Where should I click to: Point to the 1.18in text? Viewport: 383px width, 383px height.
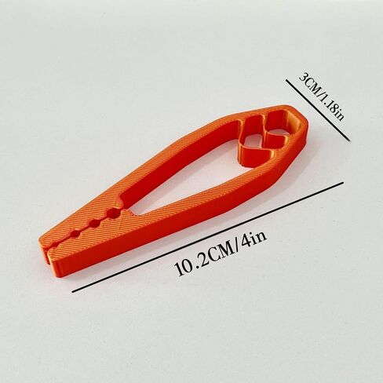331,107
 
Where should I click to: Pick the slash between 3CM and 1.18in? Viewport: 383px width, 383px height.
319,93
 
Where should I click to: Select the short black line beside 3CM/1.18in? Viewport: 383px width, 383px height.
317,111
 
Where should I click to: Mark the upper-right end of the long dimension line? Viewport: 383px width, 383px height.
343,182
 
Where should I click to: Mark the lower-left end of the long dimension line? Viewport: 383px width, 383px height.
72,292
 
